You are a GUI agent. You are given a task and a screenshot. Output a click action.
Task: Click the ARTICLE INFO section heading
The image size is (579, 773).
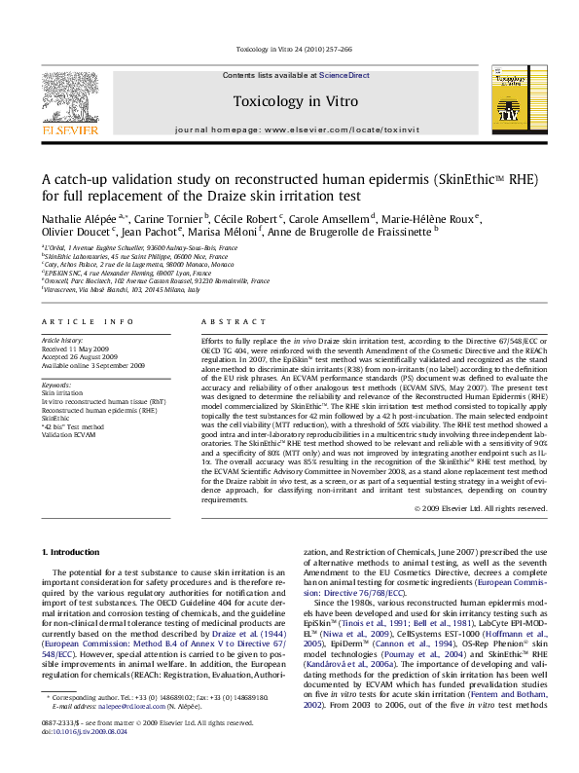click(86, 321)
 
